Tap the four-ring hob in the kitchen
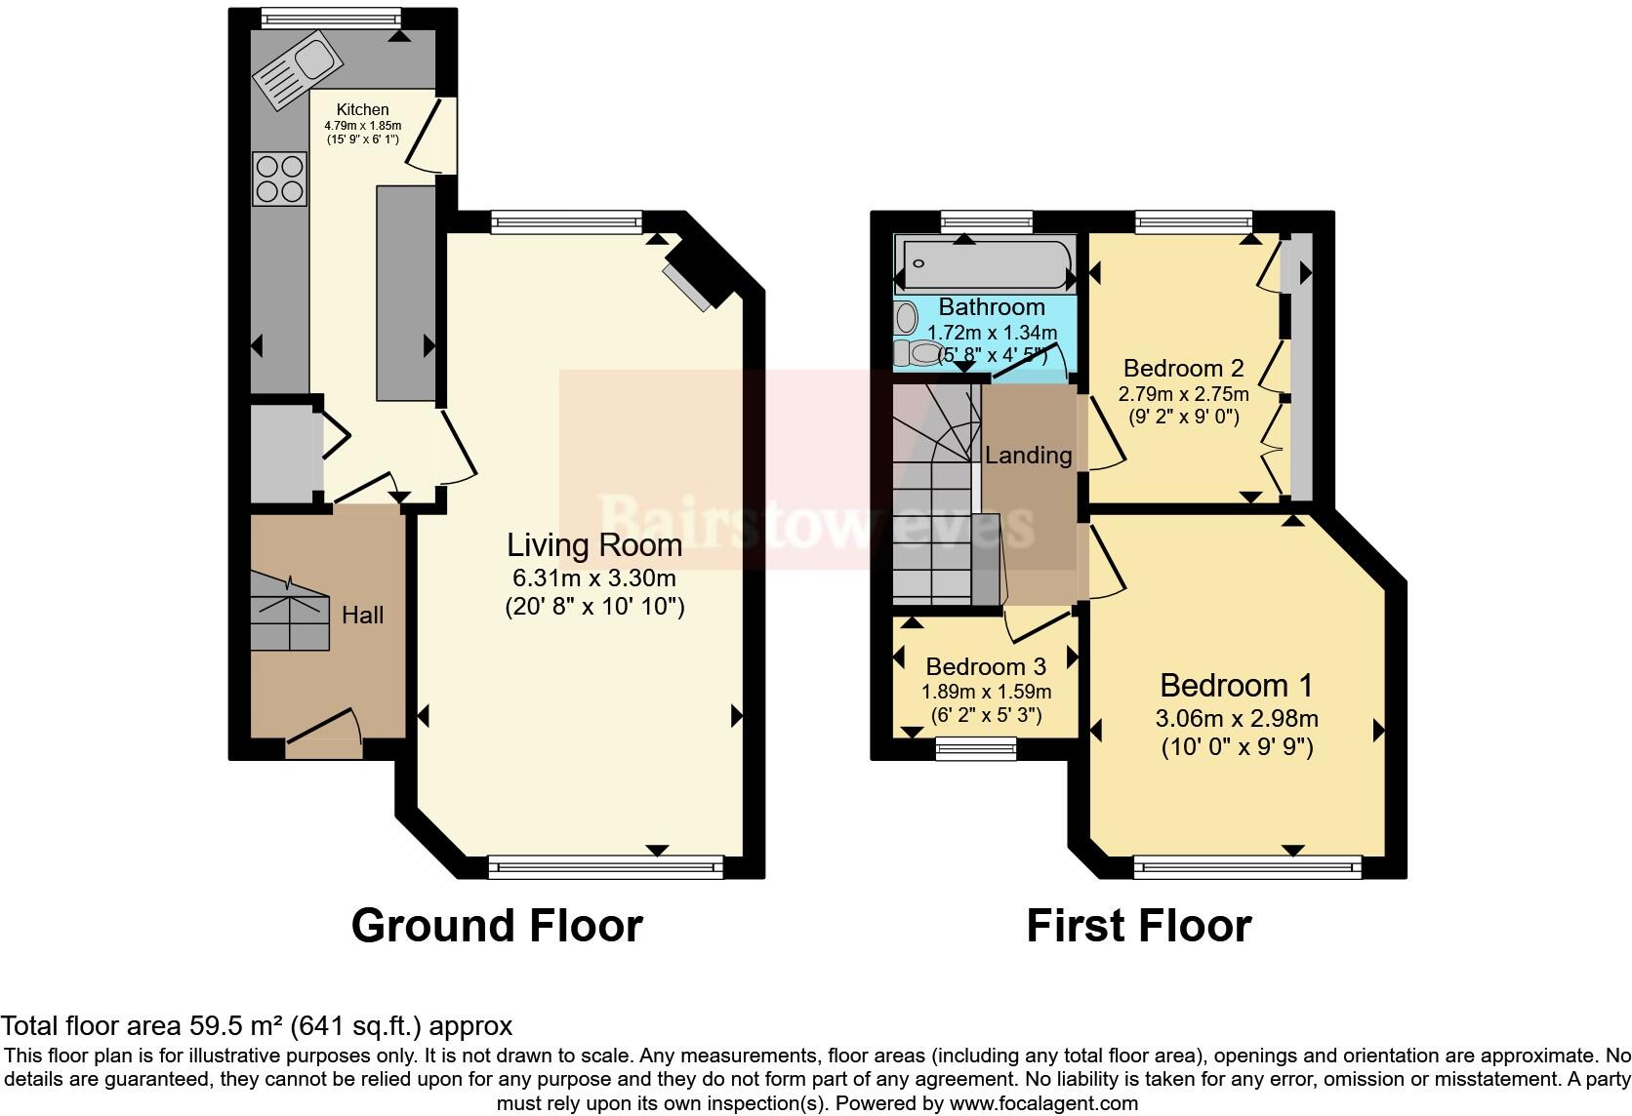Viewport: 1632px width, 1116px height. pyautogui.click(x=279, y=179)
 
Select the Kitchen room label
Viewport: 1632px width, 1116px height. pyautogui.click(x=362, y=110)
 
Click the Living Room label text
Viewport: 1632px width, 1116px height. pyautogui.click(x=593, y=545)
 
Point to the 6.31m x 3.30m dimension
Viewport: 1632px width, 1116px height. pyautogui.click(x=593, y=578)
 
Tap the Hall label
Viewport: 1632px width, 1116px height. pyautogui.click(x=362, y=616)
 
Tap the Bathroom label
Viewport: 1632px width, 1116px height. pyautogui.click(x=992, y=307)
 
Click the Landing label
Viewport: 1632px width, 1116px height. pyautogui.click(x=1028, y=456)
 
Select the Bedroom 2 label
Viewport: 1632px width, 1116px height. pyautogui.click(x=1183, y=369)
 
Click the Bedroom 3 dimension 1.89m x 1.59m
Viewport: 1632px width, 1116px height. pyautogui.click(x=986, y=692)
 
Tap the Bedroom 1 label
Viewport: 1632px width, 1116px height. pyautogui.click(x=1236, y=685)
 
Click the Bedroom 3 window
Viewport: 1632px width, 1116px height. pyautogui.click(x=975, y=748)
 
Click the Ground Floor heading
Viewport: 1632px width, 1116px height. pyautogui.click(x=497, y=925)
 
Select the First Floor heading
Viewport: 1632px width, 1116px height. pyautogui.click(x=1138, y=925)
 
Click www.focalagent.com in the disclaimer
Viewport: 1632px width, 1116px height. pyautogui.click(x=1042, y=1104)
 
